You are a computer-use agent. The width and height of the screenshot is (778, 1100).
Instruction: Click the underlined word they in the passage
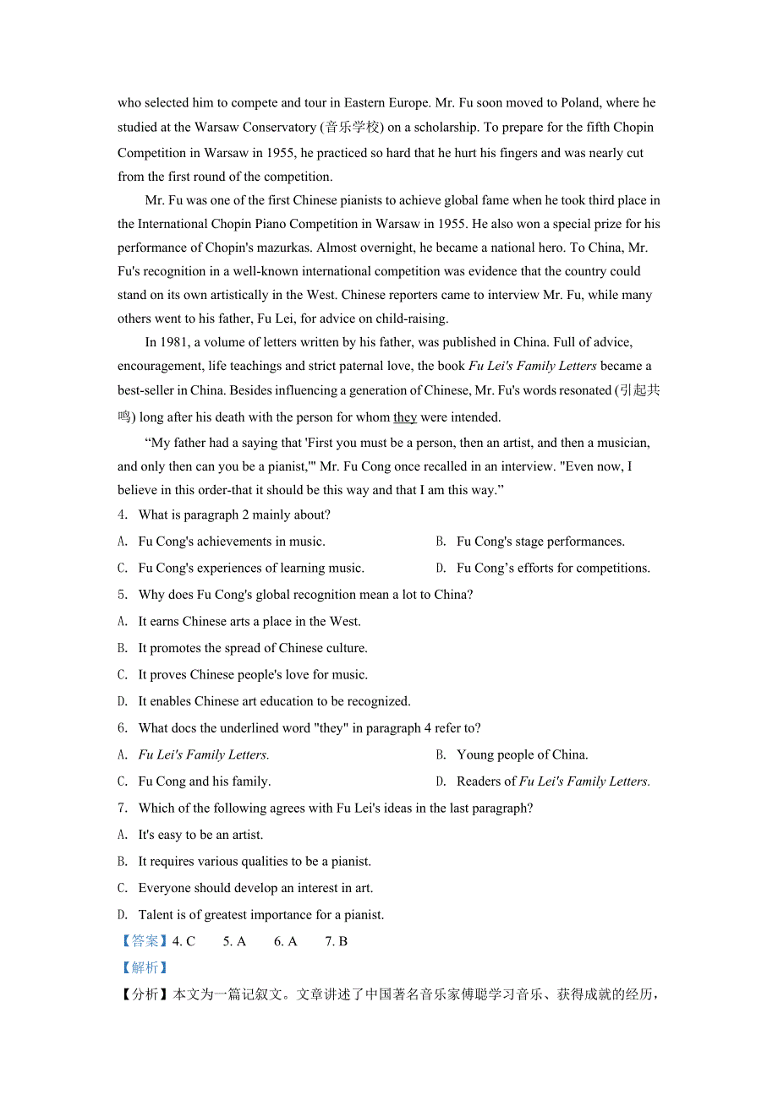tap(405, 417)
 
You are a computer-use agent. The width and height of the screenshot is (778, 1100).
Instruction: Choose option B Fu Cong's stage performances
tap(540, 542)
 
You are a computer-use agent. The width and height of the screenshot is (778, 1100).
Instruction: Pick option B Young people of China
tap(522, 755)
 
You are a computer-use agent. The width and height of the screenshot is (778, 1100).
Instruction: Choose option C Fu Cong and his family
tap(204, 781)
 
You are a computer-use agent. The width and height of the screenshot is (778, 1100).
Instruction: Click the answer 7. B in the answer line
tap(336, 941)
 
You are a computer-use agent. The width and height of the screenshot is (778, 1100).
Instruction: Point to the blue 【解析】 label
tap(144, 968)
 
